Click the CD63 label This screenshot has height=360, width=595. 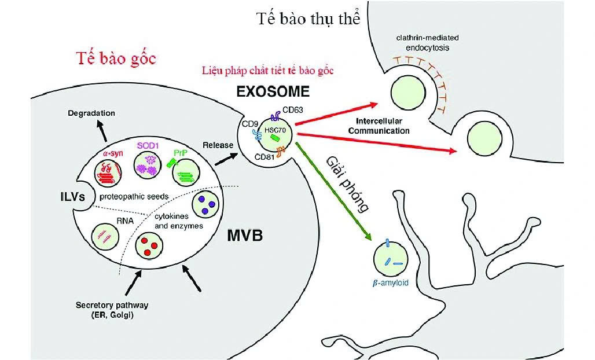pos(293,110)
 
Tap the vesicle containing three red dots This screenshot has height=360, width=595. pos(148,248)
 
